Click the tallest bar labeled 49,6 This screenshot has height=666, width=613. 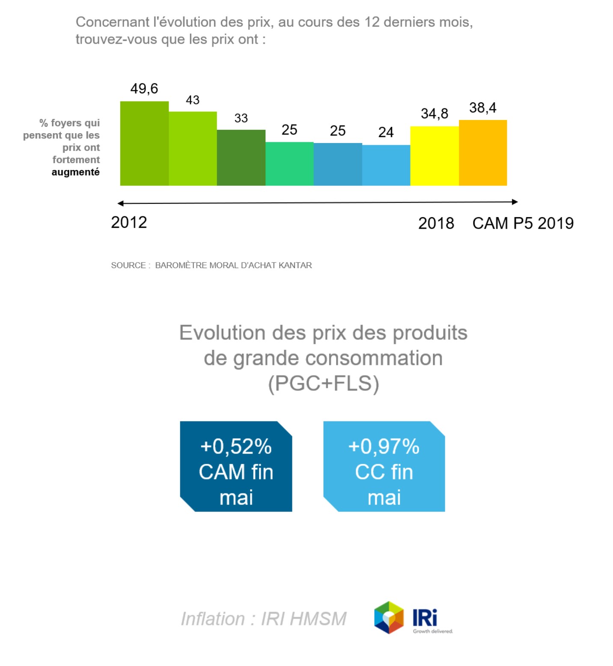(144, 143)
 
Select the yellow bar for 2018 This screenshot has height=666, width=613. (434, 156)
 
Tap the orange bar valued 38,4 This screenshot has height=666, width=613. (482, 153)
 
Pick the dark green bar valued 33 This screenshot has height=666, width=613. (241, 158)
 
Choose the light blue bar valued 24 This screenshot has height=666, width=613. (386, 165)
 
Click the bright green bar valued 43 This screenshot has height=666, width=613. (193, 149)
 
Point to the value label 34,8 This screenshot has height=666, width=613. (434, 113)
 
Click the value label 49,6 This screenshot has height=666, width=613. (144, 89)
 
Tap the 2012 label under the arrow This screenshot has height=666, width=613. (129, 222)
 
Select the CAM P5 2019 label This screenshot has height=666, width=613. (523, 223)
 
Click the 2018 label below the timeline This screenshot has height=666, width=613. (436, 223)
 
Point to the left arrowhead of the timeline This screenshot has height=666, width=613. (121, 203)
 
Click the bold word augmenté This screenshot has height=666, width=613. (76, 172)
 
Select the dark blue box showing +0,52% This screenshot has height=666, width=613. (236, 466)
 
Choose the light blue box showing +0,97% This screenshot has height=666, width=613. (384, 466)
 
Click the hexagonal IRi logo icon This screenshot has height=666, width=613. (389, 617)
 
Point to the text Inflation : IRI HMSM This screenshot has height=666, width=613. (264, 619)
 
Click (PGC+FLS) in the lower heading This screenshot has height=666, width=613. (323, 383)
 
